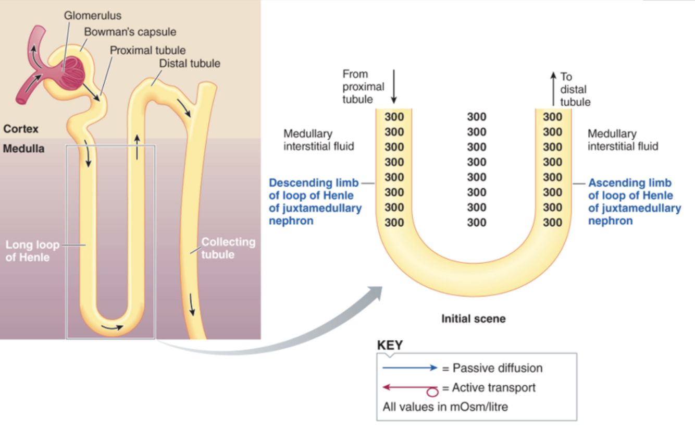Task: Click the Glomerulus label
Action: pos(93,15)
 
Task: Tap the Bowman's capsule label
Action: pos(130,32)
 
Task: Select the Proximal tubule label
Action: pos(147,50)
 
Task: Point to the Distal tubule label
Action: pos(190,64)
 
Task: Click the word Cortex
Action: pos(21,129)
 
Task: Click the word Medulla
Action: pos(24,149)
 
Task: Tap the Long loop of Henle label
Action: pos(32,251)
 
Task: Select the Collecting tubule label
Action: pos(228,248)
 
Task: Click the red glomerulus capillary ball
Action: pos(71,74)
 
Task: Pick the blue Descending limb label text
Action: pos(315,202)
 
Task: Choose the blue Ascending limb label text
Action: pos(634,202)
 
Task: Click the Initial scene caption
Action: pos(473,318)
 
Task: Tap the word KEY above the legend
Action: pos(389,346)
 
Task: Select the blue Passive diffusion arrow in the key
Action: pos(409,368)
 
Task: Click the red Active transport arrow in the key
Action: pos(409,388)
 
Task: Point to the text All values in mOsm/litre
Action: pos(445,406)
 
